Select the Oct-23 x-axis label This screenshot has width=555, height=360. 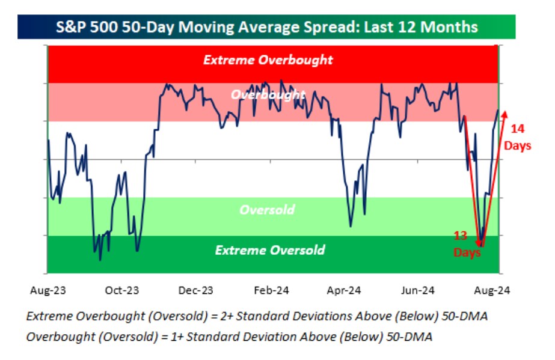point(121,290)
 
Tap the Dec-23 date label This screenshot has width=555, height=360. point(196,290)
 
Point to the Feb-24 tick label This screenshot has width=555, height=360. point(271,290)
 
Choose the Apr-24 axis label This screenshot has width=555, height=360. point(344,290)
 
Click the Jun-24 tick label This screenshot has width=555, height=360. point(419,290)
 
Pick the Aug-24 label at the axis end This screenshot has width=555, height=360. point(492,290)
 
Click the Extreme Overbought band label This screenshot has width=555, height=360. point(268,60)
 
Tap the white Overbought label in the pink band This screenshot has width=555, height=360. point(268,95)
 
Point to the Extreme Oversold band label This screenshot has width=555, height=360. point(270,250)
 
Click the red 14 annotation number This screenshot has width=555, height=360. point(518,129)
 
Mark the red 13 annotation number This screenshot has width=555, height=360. point(461,236)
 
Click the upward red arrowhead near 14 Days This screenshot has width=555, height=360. point(504,113)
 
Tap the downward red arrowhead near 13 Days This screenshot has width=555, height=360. point(480,243)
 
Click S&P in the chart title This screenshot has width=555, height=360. point(70,27)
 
